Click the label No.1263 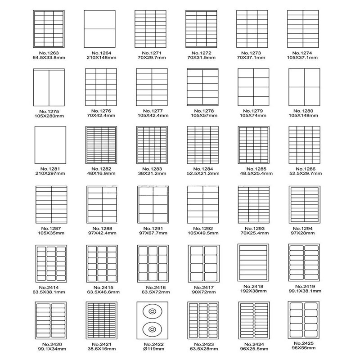tap(49, 53)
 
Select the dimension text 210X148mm tap(101, 58)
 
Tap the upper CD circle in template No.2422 tap(152, 311)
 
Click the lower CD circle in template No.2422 tap(152, 329)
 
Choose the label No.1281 tap(50, 169)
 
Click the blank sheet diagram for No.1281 tap(50, 145)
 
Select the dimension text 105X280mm tap(49, 116)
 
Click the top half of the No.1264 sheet tap(99, 19)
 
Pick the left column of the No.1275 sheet tap(41, 88)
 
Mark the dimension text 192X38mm tap(253, 291)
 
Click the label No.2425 tap(303, 343)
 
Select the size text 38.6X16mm tap(102, 349)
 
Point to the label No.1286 tap(306, 169)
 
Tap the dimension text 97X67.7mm tap(153, 233)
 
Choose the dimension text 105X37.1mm tap(302, 58)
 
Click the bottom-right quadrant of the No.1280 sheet tap(312, 96)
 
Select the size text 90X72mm tap(204, 292)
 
